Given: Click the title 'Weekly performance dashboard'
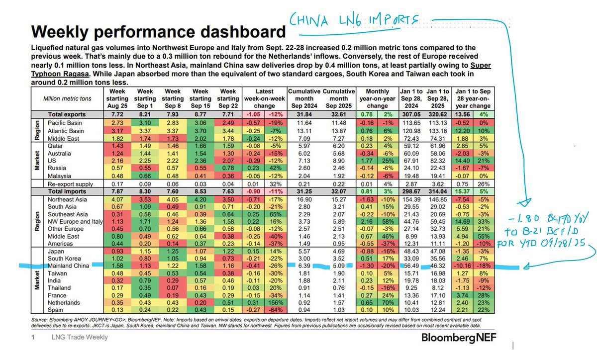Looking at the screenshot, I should pyautogui.click(x=159, y=32).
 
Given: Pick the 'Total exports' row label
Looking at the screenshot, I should pyautogui.click(x=67, y=114).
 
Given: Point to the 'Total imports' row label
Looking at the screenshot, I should pyautogui.click(x=67, y=191).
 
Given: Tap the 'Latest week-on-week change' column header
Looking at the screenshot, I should pyautogui.click(x=264, y=99).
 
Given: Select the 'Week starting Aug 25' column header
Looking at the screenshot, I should pyautogui.click(x=117, y=99).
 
